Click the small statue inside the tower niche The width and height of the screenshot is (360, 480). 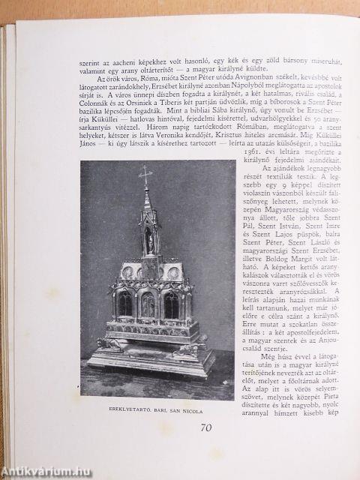click(x=148, y=239)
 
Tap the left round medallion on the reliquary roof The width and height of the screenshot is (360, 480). click(x=127, y=271)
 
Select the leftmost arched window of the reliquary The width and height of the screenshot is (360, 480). click(x=124, y=304)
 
